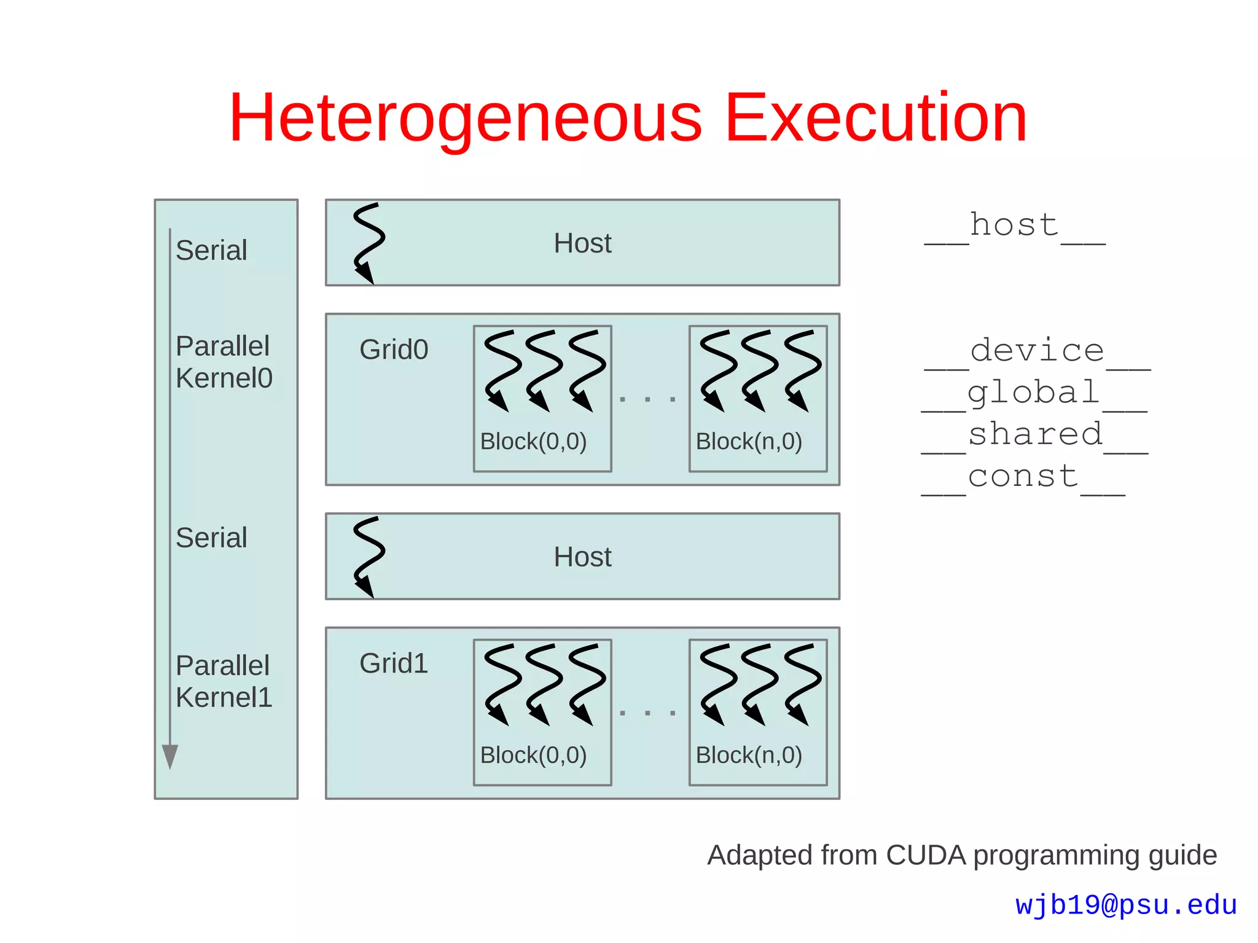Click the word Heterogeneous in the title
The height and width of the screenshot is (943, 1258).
[x=465, y=119]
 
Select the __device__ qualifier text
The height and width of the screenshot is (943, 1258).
[x=1037, y=351]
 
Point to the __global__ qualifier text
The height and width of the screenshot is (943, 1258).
[x=1034, y=394]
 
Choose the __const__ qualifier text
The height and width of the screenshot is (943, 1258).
[x=1023, y=477]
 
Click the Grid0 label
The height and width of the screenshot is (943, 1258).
[x=394, y=350]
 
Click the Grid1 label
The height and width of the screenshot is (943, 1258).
[x=394, y=663]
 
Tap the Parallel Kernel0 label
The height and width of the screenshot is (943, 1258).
[x=224, y=362]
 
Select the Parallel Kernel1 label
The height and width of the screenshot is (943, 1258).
[x=224, y=681]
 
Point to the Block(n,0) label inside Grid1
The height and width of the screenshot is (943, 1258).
[x=749, y=755]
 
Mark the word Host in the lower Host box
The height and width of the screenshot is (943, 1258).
[x=582, y=557]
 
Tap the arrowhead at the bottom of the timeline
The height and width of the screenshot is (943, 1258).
[x=170, y=756]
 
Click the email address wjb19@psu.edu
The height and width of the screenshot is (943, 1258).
[x=1126, y=905]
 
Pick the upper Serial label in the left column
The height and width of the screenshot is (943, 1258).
[x=211, y=251]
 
